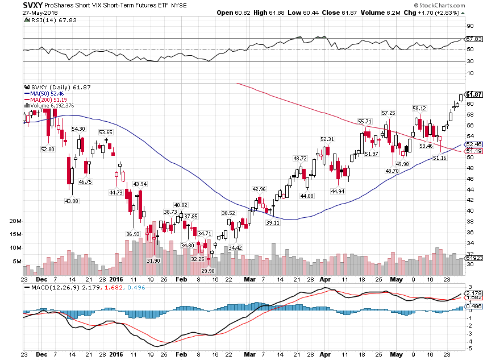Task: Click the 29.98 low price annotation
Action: point(208,271)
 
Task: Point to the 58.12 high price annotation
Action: point(419,108)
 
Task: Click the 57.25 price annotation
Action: point(388,113)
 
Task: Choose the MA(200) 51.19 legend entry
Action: point(45,100)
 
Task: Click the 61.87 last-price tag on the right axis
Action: point(474,94)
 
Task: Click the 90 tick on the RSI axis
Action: point(470,26)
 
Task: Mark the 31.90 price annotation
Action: point(153,260)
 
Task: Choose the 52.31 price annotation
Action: point(327,139)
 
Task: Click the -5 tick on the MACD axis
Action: point(469,347)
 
